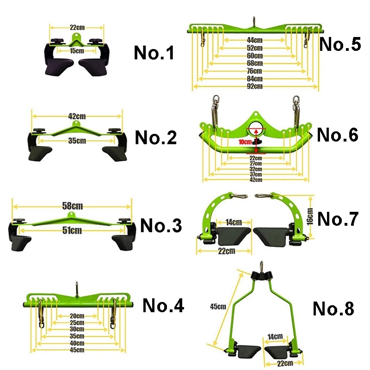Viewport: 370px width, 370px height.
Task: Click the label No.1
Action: coord(154,52)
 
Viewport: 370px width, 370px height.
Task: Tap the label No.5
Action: coord(340,44)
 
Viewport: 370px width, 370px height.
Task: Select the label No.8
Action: coord(333,308)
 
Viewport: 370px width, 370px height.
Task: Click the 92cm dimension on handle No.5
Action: coord(255,86)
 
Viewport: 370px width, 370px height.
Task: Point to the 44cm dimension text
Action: coord(255,40)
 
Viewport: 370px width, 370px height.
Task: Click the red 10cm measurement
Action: coord(245,142)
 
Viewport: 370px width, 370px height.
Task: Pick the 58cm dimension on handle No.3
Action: coord(73,206)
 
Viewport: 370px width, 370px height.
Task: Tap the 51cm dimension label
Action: coord(72,230)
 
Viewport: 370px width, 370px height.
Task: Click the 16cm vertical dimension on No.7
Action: coord(310,216)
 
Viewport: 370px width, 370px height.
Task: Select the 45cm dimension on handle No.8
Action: coord(218,307)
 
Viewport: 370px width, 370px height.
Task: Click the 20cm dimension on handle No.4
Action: coord(77,316)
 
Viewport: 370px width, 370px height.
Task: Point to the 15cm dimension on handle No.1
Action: coord(77,50)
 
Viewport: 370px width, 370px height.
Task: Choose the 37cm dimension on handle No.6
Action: coord(256,174)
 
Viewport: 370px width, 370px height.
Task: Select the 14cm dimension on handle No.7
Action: coord(234,222)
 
